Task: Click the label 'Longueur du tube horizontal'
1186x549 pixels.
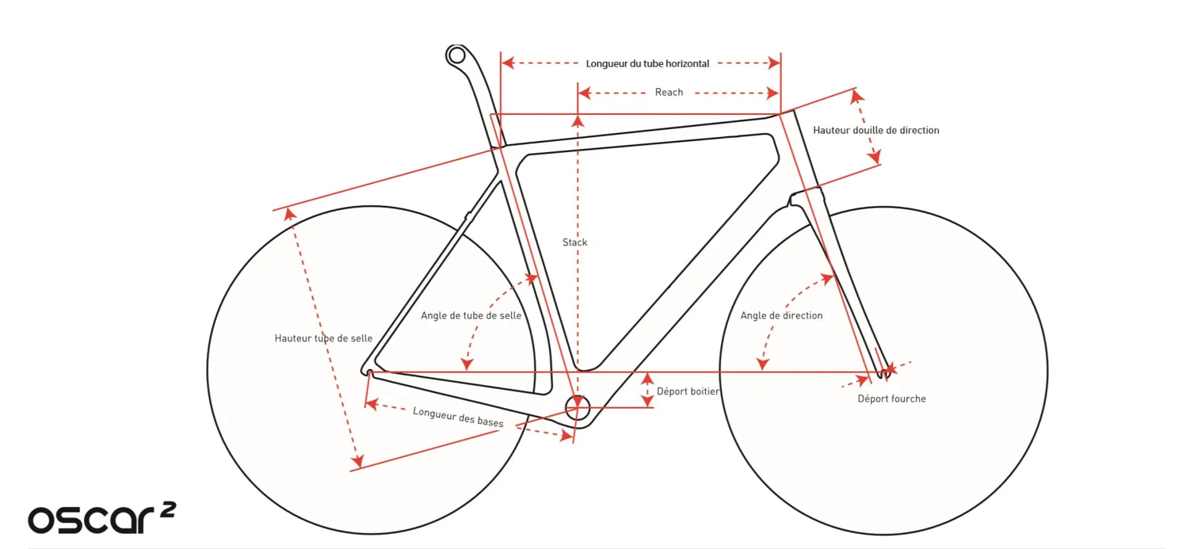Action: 647,64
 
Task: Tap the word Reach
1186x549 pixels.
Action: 669,93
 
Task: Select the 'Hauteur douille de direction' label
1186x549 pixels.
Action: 875,130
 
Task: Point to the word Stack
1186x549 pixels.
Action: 574,242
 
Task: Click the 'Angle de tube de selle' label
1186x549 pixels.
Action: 471,315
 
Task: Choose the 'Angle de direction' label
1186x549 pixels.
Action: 781,315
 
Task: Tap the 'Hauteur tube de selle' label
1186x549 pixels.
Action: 323,338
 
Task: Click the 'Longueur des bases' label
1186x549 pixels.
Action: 458,417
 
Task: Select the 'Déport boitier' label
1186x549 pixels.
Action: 688,391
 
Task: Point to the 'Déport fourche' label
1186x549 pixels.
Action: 891,399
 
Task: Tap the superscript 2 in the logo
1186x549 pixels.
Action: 168,509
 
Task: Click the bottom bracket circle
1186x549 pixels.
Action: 578,407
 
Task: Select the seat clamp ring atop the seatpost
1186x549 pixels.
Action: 456,56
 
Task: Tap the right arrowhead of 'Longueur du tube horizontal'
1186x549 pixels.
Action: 774,63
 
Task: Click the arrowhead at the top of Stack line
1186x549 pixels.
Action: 578,121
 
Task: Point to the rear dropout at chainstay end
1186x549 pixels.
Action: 369,373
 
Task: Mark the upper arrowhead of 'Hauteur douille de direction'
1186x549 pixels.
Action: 856,96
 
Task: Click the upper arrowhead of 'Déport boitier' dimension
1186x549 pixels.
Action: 647,377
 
